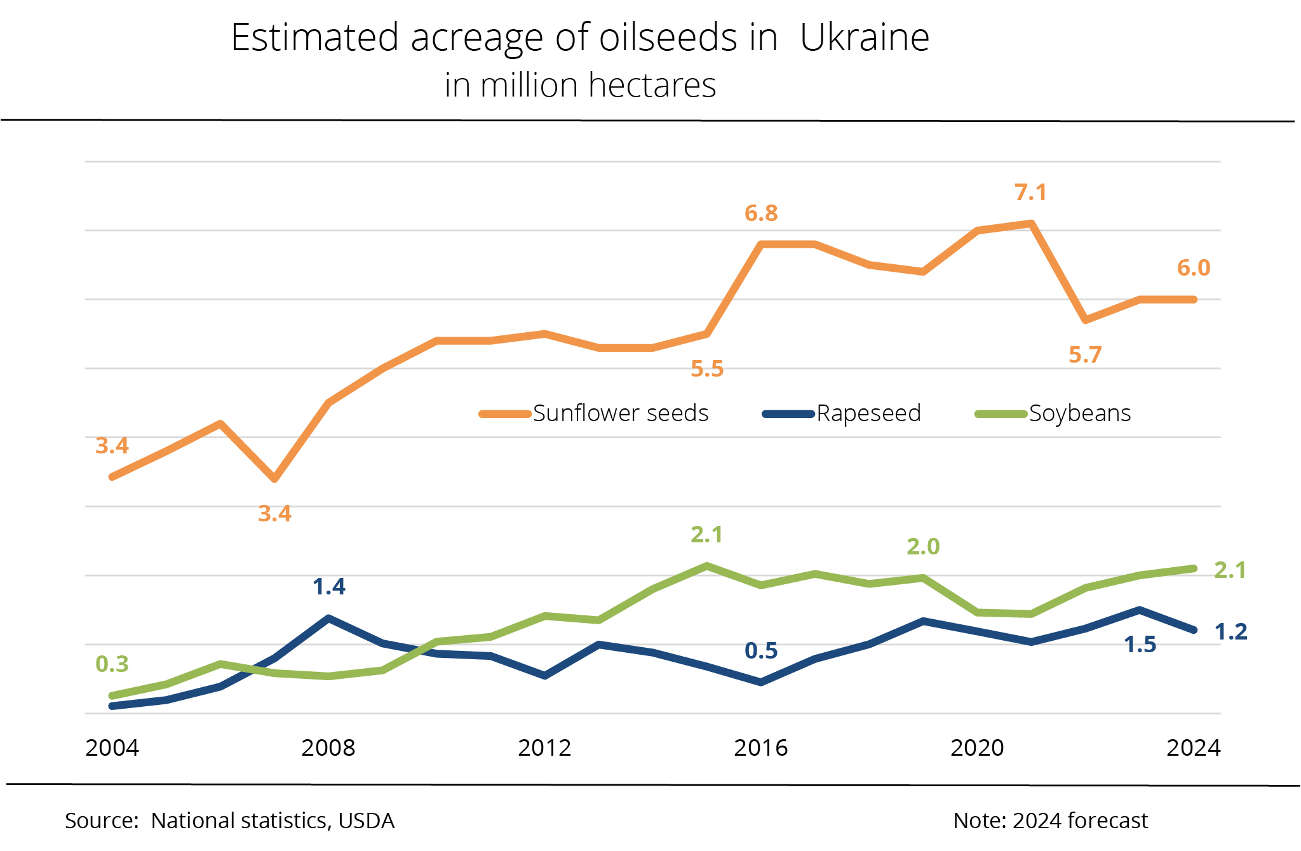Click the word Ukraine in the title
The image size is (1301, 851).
(865, 37)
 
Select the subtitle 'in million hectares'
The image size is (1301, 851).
(580, 86)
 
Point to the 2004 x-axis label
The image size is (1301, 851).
(112, 748)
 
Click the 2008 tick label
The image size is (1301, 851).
(328, 748)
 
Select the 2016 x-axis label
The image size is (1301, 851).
(760, 748)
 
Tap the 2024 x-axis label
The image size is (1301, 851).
(1193, 748)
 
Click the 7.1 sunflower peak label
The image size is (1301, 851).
(1030, 192)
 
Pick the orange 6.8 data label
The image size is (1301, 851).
(761, 213)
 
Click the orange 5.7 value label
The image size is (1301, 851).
(1085, 355)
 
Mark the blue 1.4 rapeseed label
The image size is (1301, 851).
(329, 587)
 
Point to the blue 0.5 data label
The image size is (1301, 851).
(761, 651)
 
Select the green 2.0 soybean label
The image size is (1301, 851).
(923, 547)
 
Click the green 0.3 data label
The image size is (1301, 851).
(112, 664)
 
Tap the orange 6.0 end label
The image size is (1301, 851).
(1194, 268)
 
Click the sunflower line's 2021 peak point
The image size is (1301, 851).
(1031, 224)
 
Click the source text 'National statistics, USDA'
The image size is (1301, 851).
(273, 821)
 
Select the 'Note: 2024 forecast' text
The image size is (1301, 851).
(1050, 821)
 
